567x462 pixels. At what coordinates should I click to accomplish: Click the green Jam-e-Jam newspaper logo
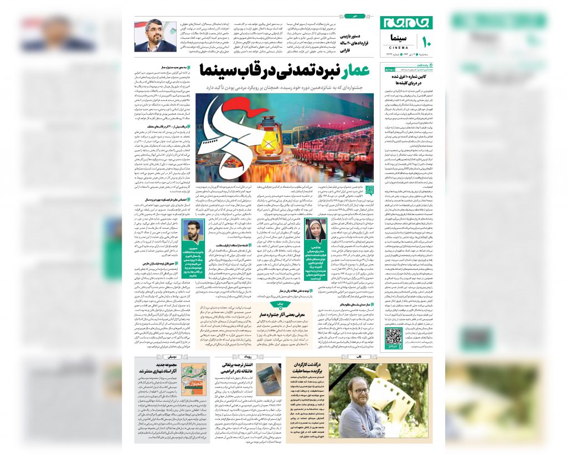click(x=406, y=23)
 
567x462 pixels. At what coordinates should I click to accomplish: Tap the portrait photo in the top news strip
click(x=154, y=35)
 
